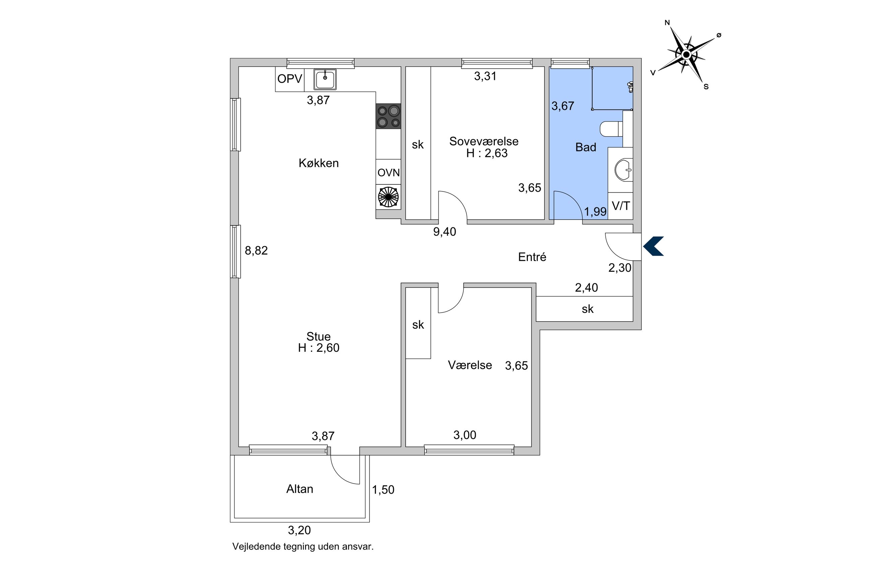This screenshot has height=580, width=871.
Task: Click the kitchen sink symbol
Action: pyautogui.click(x=325, y=79)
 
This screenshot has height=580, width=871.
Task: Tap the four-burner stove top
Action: pyautogui.click(x=388, y=116)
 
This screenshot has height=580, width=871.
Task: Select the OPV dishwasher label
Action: pyautogui.click(x=289, y=79)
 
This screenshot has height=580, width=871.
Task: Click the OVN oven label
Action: pyautogui.click(x=388, y=172)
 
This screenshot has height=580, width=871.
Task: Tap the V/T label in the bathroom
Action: pyautogui.click(x=621, y=206)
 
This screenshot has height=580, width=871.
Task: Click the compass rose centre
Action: pyautogui.click(x=686, y=55)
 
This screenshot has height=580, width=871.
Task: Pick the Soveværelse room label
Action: pyautogui.click(x=483, y=141)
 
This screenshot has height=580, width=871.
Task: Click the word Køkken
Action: pyautogui.click(x=318, y=163)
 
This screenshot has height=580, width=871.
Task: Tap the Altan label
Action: pyautogui.click(x=299, y=489)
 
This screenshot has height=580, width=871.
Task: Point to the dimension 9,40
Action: pyautogui.click(x=445, y=232)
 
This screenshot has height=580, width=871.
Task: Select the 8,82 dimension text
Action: pyautogui.click(x=256, y=251)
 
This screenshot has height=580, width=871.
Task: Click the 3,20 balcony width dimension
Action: pyautogui.click(x=299, y=530)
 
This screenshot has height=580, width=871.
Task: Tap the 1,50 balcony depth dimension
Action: pyautogui.click(x=383, y=490)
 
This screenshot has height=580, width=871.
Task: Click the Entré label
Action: pyautogui.click(x=532, y=257)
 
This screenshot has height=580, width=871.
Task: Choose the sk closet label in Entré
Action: pyautogui.click(x=588, y=309)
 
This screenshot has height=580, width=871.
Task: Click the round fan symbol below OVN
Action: pyautogui.click(x=388, y=197)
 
